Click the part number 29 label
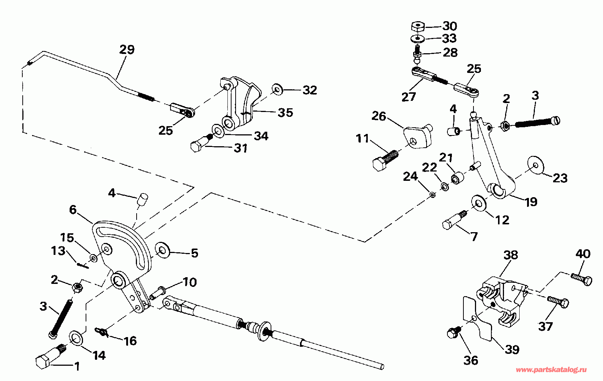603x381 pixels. click(127, 49)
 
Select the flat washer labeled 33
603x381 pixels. click(418, 38)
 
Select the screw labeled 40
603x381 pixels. click(582, 278)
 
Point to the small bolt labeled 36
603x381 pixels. click(453, 332)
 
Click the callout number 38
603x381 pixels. click(511, 255)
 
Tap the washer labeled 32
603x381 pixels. click(277, 90)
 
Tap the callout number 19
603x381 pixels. click(531, 202)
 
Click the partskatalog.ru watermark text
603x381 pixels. click(551, 369)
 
